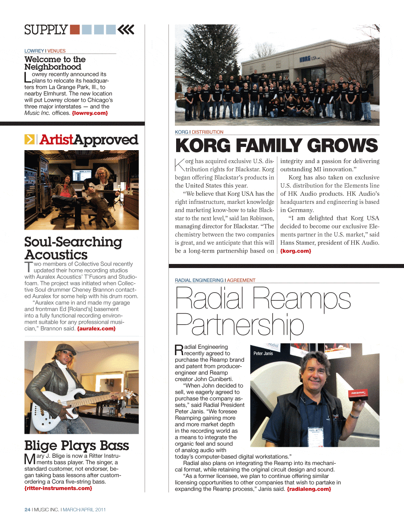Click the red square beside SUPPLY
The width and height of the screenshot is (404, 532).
coord(75,29)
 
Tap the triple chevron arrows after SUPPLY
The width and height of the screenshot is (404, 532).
coord(126,29)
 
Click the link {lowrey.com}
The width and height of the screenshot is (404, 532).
coord(90,113)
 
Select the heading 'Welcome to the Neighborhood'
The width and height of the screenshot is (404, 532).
coord(55,63)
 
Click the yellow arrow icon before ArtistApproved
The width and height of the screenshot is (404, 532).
coord(29,139)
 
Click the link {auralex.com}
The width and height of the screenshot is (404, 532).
coord(96,329)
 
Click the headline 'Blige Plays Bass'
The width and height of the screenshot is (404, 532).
coord(77,446)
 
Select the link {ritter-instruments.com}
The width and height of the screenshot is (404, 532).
coord(58,488)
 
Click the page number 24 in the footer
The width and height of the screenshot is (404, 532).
coord(27,510)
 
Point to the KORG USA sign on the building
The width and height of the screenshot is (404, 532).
coord(309,59)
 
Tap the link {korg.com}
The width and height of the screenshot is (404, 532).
coord(296,251)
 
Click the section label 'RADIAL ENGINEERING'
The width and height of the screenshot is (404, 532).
coord(199,280)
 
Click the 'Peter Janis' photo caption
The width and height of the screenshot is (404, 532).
coord(263,354)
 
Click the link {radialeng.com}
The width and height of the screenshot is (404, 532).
coord(309,489)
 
